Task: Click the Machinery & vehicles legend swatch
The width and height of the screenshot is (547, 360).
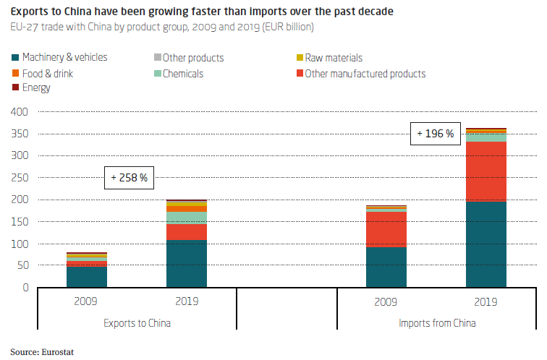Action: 15,58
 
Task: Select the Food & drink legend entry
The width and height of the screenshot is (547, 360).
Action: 43,74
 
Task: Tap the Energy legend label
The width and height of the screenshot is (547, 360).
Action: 36,87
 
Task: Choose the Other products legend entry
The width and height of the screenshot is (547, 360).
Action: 189,58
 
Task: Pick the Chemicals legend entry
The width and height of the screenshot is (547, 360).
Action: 179,74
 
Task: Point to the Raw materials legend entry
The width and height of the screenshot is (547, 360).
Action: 329,58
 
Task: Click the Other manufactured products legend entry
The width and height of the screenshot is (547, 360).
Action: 361,74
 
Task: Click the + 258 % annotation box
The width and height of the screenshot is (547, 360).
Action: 129,178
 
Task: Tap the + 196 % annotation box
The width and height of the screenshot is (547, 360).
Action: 436,134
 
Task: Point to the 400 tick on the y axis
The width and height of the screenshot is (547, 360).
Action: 20,112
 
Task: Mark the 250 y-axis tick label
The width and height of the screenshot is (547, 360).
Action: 20,178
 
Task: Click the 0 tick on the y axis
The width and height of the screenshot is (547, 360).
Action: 25,288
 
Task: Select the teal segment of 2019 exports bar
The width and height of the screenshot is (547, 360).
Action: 187,263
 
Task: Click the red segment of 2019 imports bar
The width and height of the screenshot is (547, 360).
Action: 486,171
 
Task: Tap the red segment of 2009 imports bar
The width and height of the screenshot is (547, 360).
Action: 386,229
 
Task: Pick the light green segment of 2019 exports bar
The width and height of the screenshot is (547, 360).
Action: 187,218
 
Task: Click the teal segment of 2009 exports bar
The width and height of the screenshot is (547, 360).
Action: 87,277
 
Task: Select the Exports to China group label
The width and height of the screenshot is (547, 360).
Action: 137,323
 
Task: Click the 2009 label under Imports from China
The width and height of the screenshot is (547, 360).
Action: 386,301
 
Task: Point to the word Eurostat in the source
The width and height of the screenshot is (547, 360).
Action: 58,352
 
